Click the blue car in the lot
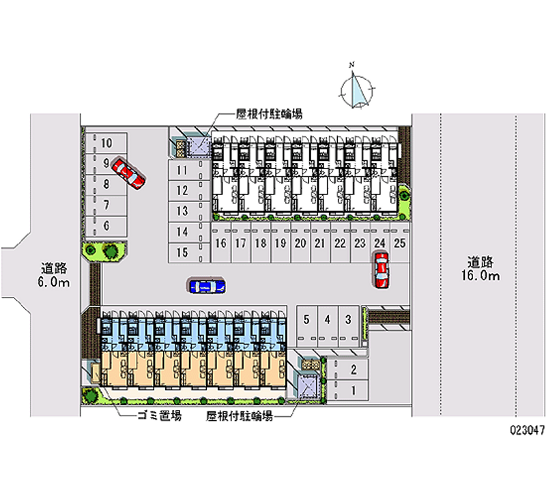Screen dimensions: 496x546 (207, 286)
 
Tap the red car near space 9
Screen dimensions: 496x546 (128, 172)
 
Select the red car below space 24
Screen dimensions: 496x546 (381, 269)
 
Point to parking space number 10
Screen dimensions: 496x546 (106, 143)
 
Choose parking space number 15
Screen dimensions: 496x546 (182, 253)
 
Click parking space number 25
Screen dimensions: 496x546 (401, 243)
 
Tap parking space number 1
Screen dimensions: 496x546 (353, 390)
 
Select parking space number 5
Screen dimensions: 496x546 (307, 319)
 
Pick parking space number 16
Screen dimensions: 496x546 (220, 243)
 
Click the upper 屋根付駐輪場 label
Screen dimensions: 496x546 (270, 114)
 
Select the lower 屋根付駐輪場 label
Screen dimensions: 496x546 (240, 416)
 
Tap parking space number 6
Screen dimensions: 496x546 (106, 225)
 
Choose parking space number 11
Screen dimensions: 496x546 (182, 170)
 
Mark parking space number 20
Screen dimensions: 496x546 (300, 243)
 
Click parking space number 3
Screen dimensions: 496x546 (348, 319)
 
